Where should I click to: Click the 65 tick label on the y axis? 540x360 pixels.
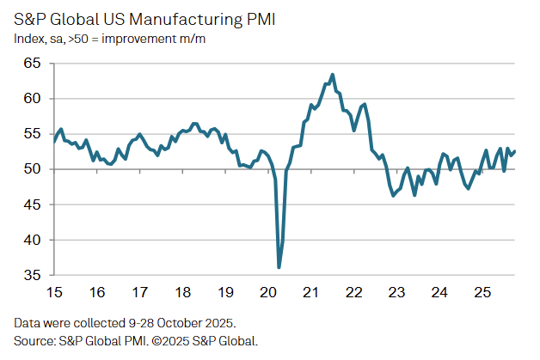click(x=31, y=63)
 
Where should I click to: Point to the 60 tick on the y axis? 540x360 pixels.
click(x=31, y=98)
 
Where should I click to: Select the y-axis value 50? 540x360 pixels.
click(x=31, y=169)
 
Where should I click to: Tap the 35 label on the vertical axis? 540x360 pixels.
click(x=31, y=276)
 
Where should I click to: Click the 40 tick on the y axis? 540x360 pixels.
click(x=31, y=240)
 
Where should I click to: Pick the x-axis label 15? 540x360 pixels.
click(x=54, y=293)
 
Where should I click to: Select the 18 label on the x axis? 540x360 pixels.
click(x=182, y=293)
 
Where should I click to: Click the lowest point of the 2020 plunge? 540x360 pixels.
click(x=279, y=267)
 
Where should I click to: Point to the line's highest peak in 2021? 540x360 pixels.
click(x=333, y=75)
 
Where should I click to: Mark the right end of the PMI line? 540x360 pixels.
click(x=514, y=152)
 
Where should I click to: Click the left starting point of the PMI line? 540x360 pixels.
click(x=54, y=141)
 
